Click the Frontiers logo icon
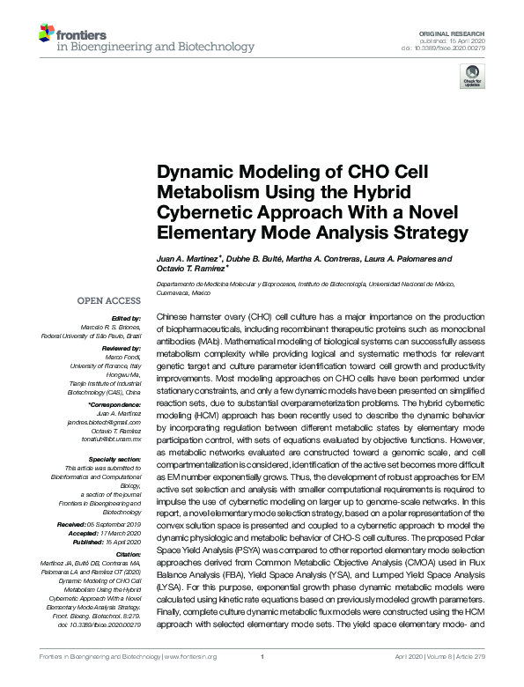click(48, 34)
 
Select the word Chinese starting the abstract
click(172, 314)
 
